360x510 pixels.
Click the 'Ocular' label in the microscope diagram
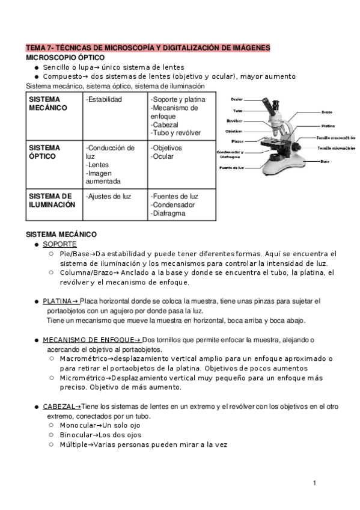pyautogui.click(x=237, y=100)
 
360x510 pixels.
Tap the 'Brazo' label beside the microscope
pyautogui.click(x=326, y=112)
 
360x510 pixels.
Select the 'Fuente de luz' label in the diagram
pyautogui.click(x=231, y=167)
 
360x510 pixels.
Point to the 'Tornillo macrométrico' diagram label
pyautogui.click(x=335, y=137)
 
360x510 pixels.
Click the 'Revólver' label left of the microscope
pyautogui.click(x=234, y=120)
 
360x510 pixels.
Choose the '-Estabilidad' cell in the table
pyautogui.click(x=104, y=99)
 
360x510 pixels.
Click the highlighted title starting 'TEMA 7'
pyautogui.click(x=148, y=48)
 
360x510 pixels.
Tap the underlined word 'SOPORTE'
pyautogui.click(x=59, y=244)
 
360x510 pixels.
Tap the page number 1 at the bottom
pyautogui.click(x=314, y=483)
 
